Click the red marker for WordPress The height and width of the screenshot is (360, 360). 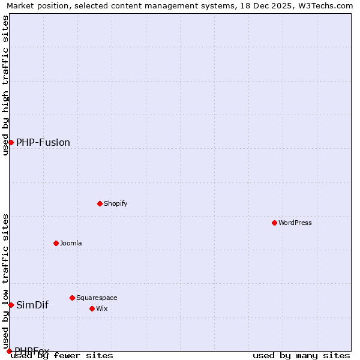click(274, 223)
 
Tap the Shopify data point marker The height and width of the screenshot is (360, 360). click(100, 203)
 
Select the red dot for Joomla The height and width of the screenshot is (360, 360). click(56, 243)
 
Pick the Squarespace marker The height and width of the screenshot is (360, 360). click(72, 298)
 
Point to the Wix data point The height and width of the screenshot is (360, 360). click(92, 308)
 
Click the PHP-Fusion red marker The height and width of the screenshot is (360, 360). click(11, 142)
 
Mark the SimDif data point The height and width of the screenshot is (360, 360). click(11, 305)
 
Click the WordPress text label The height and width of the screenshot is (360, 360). click(295, 223)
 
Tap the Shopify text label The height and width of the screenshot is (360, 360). click(116, 203)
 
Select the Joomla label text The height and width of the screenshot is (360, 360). click(71, 243)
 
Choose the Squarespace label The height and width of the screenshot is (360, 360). click(97, 298)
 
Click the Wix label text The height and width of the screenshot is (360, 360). click(102, 308)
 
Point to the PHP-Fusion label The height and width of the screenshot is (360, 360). click(43, 142)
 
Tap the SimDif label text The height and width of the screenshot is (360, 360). click(32, 305)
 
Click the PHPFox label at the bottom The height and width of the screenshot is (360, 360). click(32, 350)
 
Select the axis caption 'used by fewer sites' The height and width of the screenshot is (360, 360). click(62, 356)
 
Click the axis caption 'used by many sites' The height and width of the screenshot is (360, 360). click(301, 356)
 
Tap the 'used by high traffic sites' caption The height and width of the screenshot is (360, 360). click(5, 85)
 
